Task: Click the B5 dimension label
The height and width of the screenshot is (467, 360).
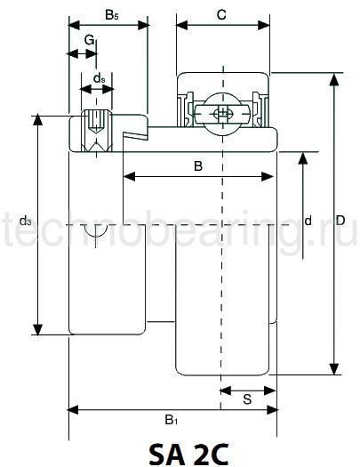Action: point(112,15)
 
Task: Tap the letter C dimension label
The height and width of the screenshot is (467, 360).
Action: point(221,14)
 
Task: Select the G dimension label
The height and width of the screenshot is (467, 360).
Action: point(89,40)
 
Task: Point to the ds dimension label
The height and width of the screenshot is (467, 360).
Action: point(99,78)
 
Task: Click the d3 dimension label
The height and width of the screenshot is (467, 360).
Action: point(25,221)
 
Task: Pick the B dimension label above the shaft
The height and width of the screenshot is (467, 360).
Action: point(198,165)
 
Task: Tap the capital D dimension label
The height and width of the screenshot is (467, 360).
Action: point(340,221)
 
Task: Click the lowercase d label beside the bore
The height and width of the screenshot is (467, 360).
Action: point(308,221)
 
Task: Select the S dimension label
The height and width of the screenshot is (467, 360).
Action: point(247,399)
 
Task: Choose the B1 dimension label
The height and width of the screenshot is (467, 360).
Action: point(171,420)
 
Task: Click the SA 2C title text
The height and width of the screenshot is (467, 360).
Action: point(188,455)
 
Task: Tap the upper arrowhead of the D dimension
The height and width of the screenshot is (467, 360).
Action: point(334,79)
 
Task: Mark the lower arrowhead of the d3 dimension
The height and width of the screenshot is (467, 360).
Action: point(38,329)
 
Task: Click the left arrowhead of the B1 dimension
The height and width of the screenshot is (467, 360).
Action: point(74,410)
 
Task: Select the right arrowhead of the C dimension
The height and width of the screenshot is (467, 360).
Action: point(264,25)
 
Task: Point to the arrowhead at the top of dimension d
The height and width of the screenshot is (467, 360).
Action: point(303,158)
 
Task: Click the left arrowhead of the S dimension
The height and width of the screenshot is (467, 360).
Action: point(226,391)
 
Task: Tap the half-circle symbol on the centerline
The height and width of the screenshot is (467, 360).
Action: point(96,232)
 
